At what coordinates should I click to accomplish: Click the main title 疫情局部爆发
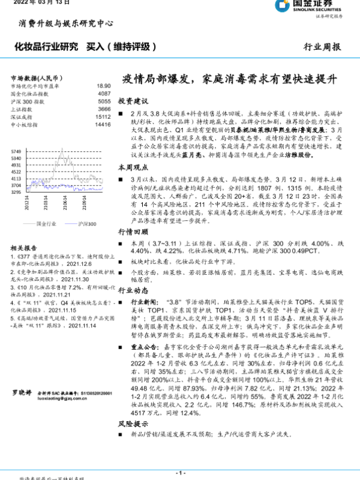point(230,79)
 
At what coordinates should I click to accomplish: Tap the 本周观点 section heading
point(133,167)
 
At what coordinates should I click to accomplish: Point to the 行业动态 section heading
point(133,290)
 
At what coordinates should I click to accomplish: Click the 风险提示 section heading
point(133,424)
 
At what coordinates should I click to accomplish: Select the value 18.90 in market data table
point(104,86)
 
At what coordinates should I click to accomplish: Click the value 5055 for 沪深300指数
point(104,102)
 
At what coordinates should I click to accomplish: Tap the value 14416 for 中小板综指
point(103,125)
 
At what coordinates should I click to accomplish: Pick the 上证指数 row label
point(22,110)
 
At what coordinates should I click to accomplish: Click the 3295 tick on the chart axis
point(16,193)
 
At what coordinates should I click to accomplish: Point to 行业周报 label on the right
point(323,46)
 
